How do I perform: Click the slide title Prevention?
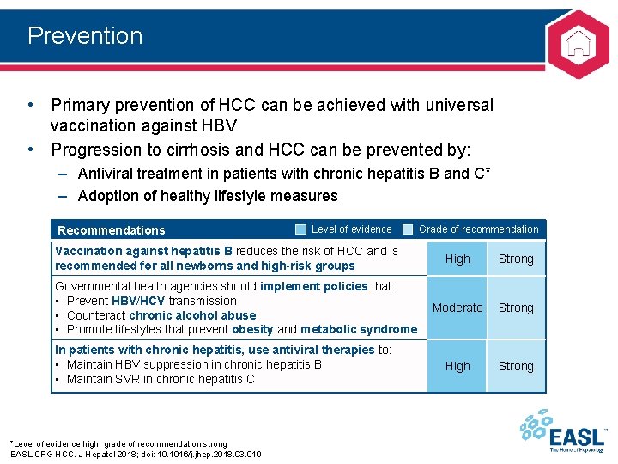click(85, 36)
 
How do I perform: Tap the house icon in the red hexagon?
click(579, 41)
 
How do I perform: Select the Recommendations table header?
click(111, 230)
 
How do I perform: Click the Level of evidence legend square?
click(300, 229)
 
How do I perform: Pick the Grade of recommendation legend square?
click(408, 229)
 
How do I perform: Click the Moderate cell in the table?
click(457, 308)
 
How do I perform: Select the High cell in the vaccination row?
click(457, 259)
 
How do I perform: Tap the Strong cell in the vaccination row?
click(516, 259)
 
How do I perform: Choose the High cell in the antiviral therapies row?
click(457, 366)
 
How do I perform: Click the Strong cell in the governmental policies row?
click(516, 308)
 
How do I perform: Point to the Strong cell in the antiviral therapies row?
click(516, 366)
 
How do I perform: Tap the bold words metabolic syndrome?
click(359, 329)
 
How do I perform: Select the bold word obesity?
click(253, 329)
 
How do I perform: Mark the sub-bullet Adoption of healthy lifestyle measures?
click(208, 196)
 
